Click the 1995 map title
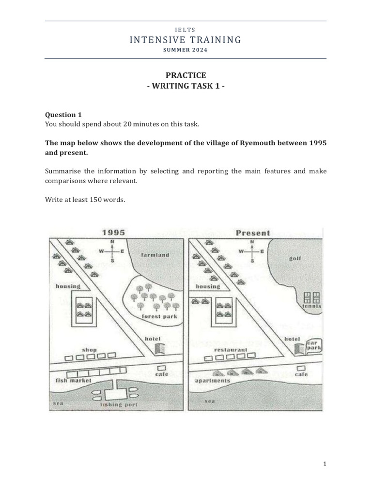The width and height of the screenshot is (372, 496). [113, 232]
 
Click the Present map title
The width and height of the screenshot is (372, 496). [253, 233]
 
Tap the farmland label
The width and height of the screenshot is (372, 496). [155, 255]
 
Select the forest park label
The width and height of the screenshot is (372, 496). [159, 317]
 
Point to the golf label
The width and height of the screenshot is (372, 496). [295, 259]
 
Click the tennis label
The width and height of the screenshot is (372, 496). [312, 306]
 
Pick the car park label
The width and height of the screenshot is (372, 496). [314, 344]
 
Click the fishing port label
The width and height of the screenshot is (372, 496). [119, 404]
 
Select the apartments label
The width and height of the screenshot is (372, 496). [212, 381]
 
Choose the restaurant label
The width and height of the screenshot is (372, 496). [231, 350]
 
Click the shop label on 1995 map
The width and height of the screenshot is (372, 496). [90, 350]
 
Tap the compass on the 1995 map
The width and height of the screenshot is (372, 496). [112, 251]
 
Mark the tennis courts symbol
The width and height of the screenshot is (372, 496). [310, 297]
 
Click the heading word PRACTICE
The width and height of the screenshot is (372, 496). [186, 75]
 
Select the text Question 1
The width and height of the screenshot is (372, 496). [63, 115]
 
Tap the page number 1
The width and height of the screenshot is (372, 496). [325, 464]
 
